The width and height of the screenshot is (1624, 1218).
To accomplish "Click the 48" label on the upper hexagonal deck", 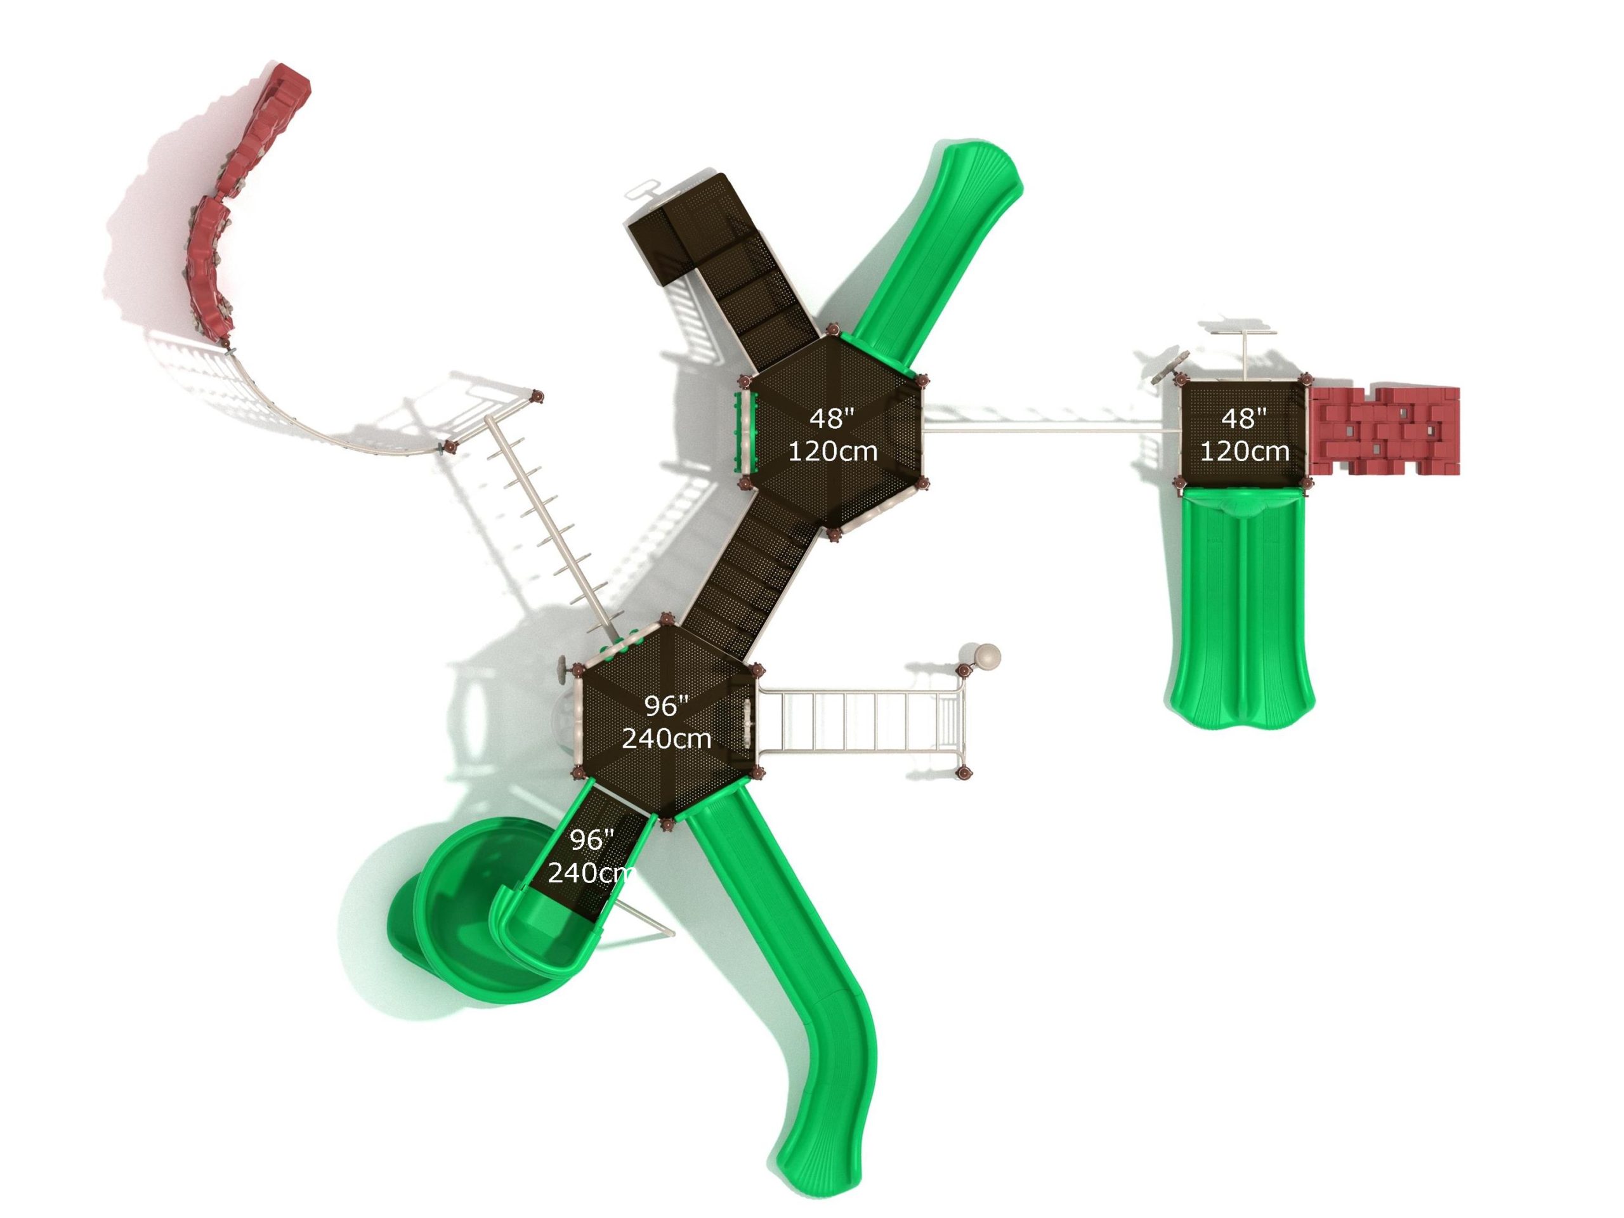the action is click(832, 419).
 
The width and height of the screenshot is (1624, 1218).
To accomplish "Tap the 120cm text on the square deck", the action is click(1245, 451).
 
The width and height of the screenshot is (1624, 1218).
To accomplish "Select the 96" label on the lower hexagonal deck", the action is click(667, 706).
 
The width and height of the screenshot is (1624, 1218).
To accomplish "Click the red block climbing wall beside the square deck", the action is click(1384, 431).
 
